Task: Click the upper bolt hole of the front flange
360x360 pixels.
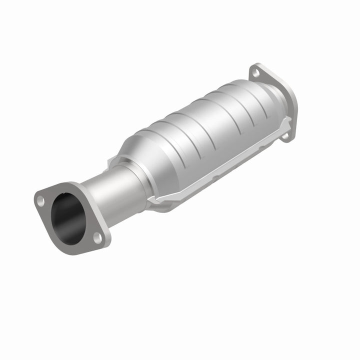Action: [x=40, y=201]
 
